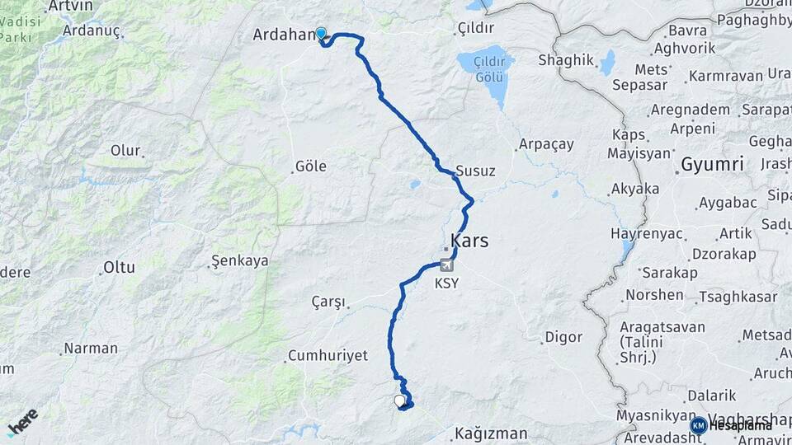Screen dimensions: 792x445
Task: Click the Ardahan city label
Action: coord(283,35)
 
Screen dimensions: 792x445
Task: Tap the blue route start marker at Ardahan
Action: coord(321,34)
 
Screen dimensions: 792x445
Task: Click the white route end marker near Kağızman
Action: coord(400,401)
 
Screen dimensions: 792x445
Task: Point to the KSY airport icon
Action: coord(447,265)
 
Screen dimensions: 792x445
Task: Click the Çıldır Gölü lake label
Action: coord(485,68)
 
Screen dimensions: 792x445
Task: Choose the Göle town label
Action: coord(310,166)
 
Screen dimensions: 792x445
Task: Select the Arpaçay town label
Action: coord(545,144)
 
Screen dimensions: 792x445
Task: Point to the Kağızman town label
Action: coord(491,433)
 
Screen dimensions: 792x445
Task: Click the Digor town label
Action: coord(563,337)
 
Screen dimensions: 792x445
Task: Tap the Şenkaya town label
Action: coord(240,261)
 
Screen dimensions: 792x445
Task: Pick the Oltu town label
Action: coord(118,267)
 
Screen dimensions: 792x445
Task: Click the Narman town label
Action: coord(91,349)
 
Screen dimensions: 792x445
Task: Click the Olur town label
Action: coord(125,151)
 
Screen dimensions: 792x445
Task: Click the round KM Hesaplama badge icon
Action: coord(699,425)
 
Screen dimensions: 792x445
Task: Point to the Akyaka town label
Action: coord(634,190)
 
